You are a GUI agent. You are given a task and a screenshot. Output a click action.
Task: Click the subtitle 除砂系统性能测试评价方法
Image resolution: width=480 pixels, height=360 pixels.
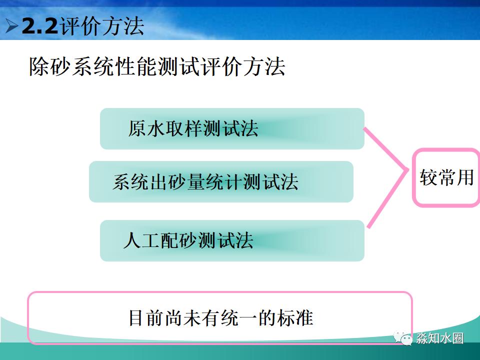point(156,67)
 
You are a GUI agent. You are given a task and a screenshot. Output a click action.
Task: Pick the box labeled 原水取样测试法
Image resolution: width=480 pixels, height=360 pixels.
point(232,128)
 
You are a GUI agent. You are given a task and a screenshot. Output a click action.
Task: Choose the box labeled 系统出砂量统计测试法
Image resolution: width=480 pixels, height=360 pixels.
point(221,181)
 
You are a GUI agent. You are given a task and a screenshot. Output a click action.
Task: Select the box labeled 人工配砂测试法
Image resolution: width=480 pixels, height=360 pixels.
point(232,240)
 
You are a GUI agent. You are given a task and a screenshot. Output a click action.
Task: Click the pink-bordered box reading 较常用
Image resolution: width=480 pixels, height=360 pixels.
point(446,177)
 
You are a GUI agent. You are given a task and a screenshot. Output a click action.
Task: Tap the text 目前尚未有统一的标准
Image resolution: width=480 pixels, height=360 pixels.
point(220,318)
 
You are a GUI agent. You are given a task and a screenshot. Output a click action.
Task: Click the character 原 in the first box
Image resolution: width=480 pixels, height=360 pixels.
point(136,129)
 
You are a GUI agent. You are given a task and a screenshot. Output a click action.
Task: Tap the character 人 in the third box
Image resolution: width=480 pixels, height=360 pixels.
point(131,241)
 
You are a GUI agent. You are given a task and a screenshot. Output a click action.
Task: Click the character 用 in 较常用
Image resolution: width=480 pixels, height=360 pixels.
point(464,177)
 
